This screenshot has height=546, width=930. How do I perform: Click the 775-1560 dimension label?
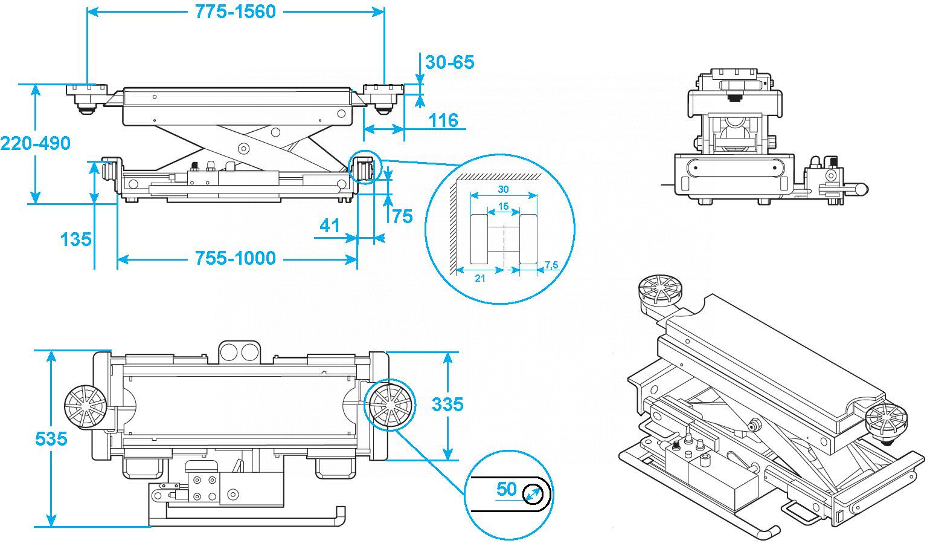[235, 11]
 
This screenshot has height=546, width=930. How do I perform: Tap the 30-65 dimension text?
[449, 62]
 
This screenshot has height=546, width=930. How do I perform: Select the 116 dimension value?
[443, 120]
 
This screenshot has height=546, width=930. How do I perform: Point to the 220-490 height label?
[35, 143]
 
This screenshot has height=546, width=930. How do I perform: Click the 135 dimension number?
[76, 239]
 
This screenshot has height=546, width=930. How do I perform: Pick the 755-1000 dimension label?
[235, 258]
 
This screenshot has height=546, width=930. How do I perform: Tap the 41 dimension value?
[330, 226]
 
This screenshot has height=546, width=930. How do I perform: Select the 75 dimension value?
[402, 216]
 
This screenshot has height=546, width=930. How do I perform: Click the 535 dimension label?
[51, 438]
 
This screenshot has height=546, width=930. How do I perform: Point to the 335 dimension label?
[447, 403]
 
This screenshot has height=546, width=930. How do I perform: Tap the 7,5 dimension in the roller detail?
[551, 265]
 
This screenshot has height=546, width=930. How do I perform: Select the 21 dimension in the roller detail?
[480, 278]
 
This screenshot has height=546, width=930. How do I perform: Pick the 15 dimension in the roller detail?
[502, 206]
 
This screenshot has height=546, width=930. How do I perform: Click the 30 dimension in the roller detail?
[502, 189]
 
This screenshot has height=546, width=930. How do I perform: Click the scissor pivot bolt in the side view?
[244, 148]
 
